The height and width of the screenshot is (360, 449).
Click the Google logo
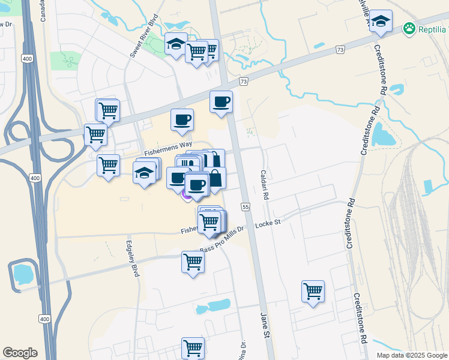point(20,353)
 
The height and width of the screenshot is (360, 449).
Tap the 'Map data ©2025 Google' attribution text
point(412,355)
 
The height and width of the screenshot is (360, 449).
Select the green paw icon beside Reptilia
point(409,28)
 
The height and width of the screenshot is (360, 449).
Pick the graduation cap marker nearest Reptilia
point(381,23)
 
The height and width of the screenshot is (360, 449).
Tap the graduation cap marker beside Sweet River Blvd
point(175,44)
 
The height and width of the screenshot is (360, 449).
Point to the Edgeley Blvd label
point(133,259)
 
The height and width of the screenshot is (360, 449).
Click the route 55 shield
point(246,206)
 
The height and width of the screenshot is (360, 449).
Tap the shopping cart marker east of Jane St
point(313,292)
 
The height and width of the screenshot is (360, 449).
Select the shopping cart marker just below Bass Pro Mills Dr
point(193,262)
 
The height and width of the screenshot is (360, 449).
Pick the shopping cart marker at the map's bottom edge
point(193,347)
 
